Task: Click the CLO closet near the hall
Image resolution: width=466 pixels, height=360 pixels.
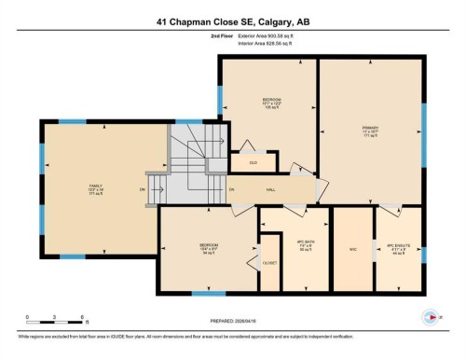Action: pyautogui.click(x=253, y=161)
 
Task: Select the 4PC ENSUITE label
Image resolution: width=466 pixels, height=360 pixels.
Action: pyautogui.click(x=398, y=249)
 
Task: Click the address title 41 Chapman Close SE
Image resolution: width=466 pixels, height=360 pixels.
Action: pyautogui.click(x=232, y=22)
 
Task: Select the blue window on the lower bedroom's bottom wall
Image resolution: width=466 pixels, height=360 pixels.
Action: pyautogui.click(x=209, y=293)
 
